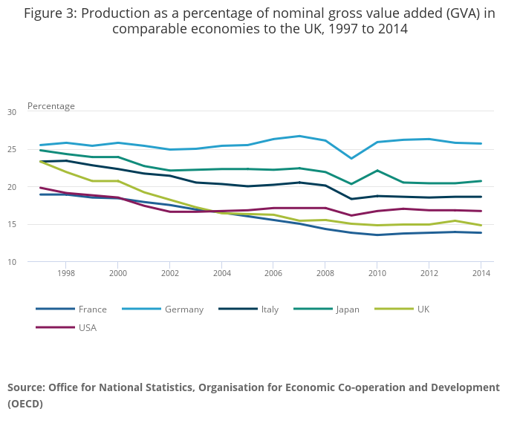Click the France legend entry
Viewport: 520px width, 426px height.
(x=71, y=309)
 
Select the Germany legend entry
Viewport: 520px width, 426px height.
(x=163, y=309)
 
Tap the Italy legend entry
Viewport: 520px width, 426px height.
(x=249, y=309)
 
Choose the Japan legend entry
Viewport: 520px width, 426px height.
(x=327, y=309)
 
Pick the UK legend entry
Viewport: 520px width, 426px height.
(x=402, y=309)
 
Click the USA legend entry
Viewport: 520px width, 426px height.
(x=66, y=327)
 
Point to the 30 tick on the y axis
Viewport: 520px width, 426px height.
(x=12, y=112)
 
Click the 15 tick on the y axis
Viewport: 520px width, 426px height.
(x=12, y=224)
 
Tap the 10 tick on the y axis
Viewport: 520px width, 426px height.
(x=12, y=262)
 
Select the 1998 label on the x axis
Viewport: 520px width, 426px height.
(x=66, y=273)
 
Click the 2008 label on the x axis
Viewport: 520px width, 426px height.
(x=325, y=273)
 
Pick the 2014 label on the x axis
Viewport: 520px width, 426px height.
(x=481, y=273)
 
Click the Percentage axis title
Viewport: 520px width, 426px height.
(x=51, y=106)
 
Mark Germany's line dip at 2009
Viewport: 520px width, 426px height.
(x=351, y=158)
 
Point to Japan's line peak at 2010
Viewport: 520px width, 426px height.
(x=377, y=171)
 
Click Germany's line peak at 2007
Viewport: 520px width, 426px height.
(x=299, y=136)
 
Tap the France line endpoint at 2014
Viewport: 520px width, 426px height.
(x=481, y=232)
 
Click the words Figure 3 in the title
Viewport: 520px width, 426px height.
(x=51, y=13)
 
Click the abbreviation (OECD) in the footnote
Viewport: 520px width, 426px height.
(x=25, y=404)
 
